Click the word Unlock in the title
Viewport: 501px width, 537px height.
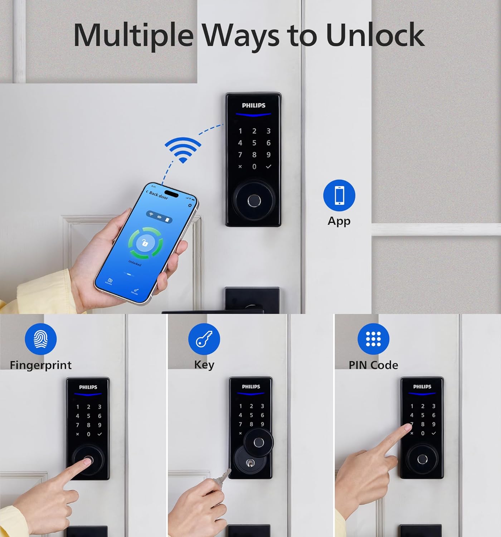tap(375, 35)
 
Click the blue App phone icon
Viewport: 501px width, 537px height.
tap(339, 195)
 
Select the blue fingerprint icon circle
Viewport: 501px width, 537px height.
tap(41, 339)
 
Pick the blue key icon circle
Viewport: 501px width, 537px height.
tap(204, 339)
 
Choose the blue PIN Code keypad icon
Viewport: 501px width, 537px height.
tap(373, 339)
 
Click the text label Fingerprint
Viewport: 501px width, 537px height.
tap(41, 365)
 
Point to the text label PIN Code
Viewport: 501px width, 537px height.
tap(373, 365)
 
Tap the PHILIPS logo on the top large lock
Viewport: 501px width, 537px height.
tap(253, 105)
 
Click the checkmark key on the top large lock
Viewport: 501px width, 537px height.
tap(268, 166)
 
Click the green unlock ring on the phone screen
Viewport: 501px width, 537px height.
tap(146, 243)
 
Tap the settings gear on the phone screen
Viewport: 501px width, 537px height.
tap(190, 205)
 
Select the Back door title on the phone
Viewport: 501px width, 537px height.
tap(158, 195)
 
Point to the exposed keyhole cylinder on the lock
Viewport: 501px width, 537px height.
tap(250, 464)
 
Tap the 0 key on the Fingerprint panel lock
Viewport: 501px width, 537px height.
tap(88, 434)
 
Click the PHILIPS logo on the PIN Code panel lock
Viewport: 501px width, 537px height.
tap(422, 387)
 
